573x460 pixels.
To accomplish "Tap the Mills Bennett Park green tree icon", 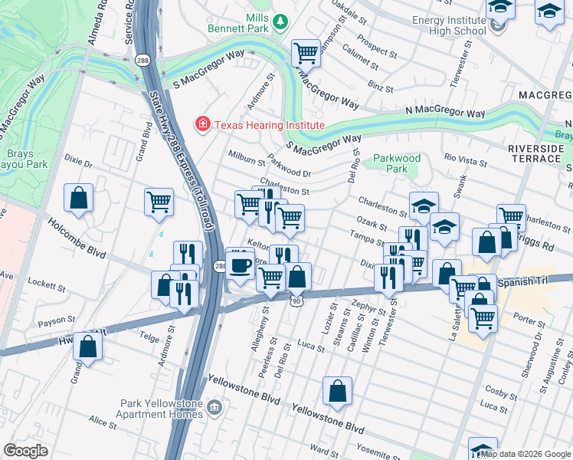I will click(x=280, y=21).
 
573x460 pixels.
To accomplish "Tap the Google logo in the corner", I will click(x=25, y=451).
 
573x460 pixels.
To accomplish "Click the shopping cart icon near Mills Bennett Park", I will click(x=306, y=53).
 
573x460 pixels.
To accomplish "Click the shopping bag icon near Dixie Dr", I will click(x=78, y=198).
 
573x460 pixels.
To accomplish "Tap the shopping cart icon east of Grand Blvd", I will click(x=159, y=202).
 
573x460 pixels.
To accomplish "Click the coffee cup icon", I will click(x=241, y=264).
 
